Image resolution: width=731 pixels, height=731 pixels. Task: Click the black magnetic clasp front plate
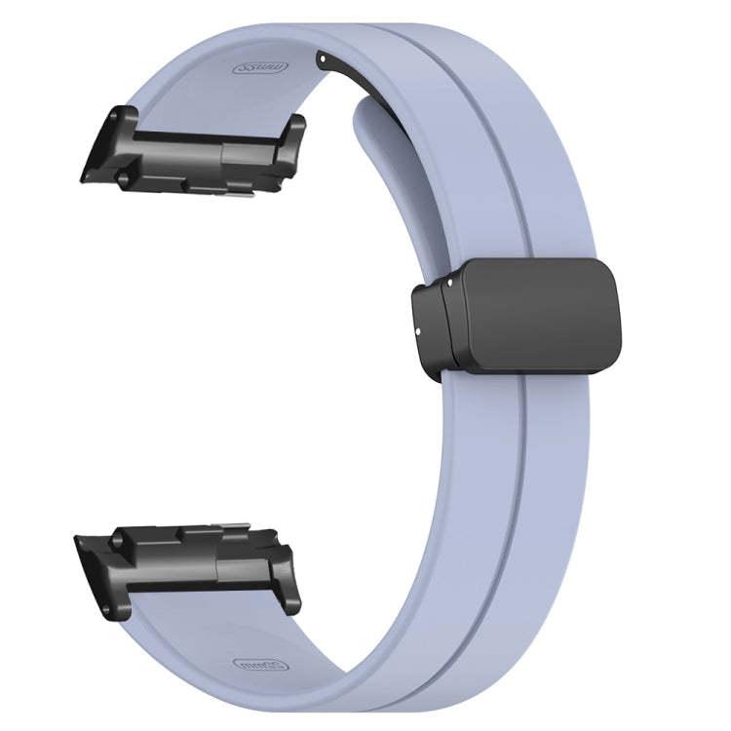point(536,317)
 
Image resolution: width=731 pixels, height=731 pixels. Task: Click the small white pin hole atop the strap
point(321,58)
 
